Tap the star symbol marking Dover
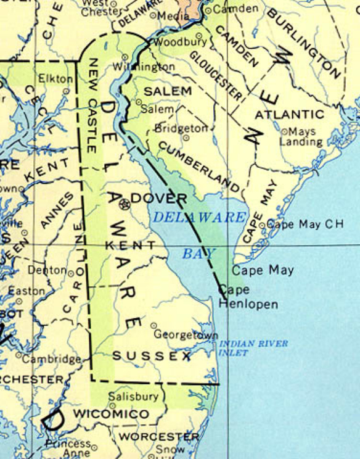click(x=124, y=203)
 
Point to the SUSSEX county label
click(x=152, y=356)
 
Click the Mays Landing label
click(x=301, y=136)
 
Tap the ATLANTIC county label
click(x=289, y=115)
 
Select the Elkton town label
click(x=55, y=79)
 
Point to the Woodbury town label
click(x=179, y=43)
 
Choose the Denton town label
click(x=46, y=270)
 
